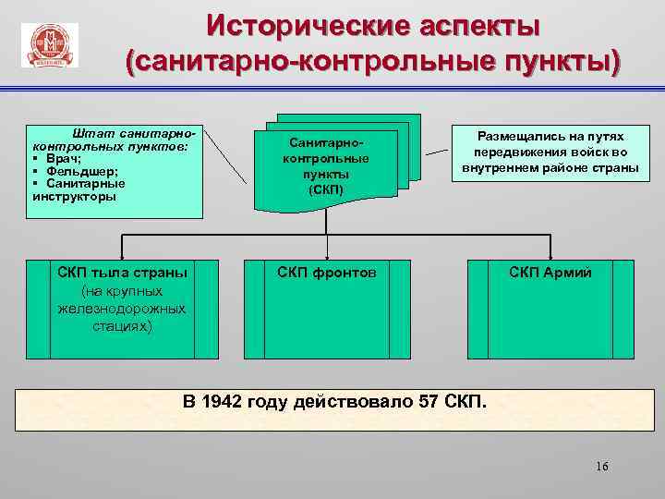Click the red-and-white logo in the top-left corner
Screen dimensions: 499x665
(48, 46)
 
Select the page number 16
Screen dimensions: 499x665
(602, 466)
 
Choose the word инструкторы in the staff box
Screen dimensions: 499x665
(74, 196)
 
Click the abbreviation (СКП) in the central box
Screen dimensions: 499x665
(325, 189)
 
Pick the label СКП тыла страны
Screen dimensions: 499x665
(122, 273)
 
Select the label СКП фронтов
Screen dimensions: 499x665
(327, 273)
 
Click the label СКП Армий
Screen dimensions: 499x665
(551, 273)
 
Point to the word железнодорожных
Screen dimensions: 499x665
(121, 309)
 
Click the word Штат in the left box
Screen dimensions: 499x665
(91, 135)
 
